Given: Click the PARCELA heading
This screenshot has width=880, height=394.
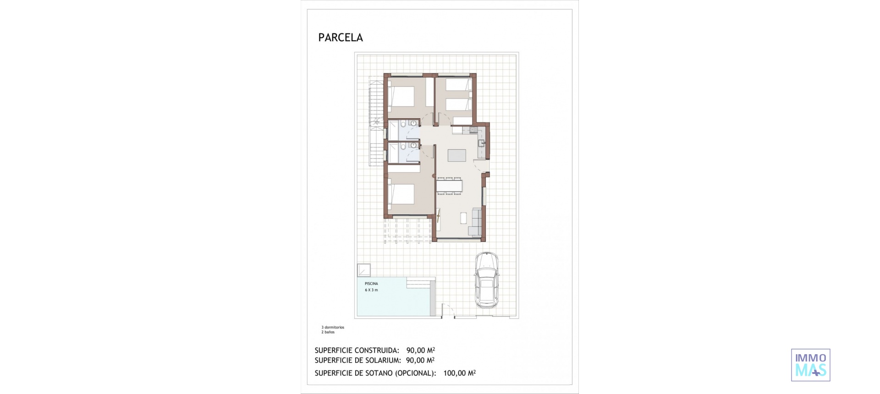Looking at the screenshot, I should [340, 38].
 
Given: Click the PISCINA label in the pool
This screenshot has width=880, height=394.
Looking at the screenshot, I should [371, 284].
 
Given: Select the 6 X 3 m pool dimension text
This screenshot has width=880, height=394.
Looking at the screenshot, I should [371, 290].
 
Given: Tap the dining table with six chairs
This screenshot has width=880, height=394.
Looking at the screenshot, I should [449, 186].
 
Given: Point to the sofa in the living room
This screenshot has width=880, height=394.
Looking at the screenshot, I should [475, 222].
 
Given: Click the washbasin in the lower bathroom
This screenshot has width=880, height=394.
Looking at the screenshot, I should [413, 145].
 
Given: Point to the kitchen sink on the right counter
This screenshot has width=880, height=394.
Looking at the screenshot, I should [481, 143].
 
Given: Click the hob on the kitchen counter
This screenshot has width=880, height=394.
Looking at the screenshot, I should [473, 131].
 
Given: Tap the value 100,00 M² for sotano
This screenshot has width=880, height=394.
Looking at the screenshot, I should [459, 373].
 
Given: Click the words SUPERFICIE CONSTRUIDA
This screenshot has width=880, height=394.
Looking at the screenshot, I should [357, 350].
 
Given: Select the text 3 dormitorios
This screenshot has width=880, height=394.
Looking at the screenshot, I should [333, 328].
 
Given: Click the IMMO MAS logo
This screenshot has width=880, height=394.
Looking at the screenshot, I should [810, 365].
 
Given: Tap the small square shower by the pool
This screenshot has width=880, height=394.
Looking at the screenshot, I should [364, 270].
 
